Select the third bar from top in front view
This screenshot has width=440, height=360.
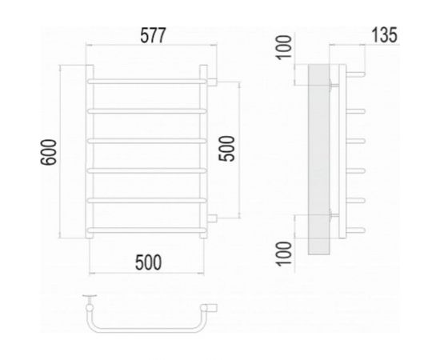(x=148, y=140)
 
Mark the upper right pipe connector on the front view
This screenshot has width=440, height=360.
(x=214, y=81)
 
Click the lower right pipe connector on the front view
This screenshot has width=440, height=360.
(x=214, y=218)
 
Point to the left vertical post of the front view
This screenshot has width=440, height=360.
(x=90, y=152)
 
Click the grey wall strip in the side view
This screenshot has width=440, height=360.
(x=318, y=160)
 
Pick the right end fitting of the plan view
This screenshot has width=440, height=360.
(x=214, y=306)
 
